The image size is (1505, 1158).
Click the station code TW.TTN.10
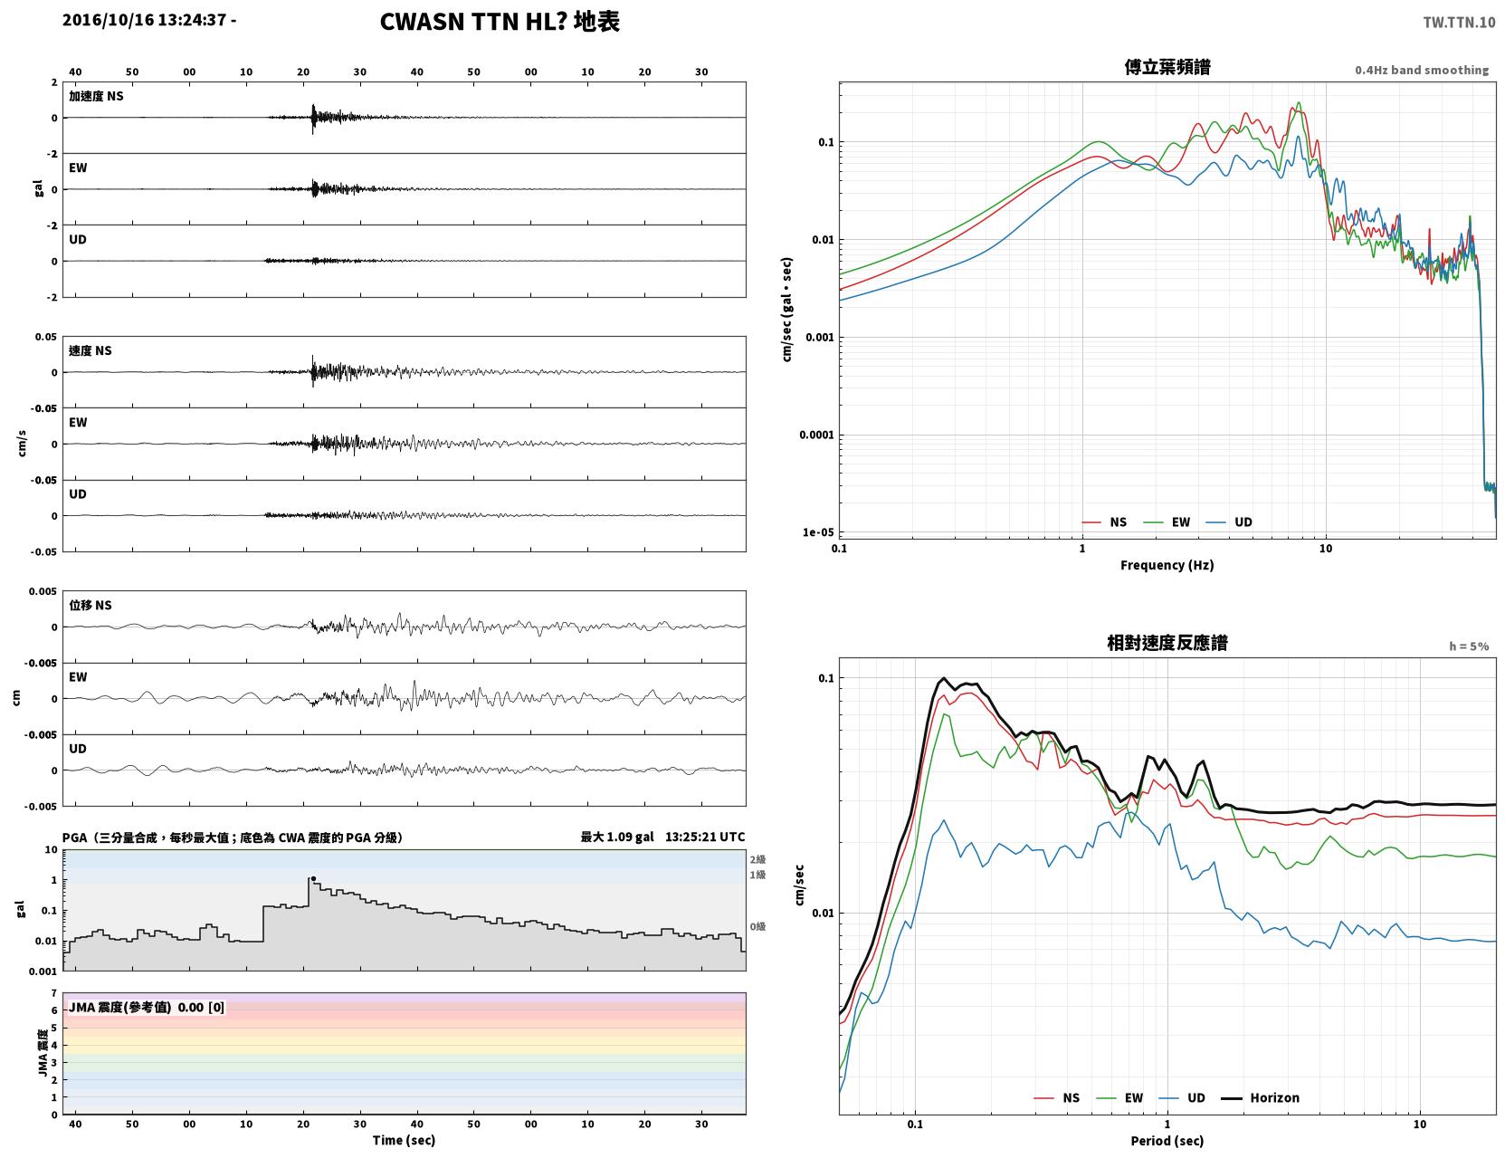tap(1459, 22)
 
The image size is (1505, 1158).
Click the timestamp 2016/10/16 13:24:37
tap(144, 19)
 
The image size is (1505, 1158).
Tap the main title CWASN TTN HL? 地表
tap(500, 22)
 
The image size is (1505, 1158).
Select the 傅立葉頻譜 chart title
tap(1167, 67)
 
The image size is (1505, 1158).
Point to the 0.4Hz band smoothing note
tap(1421, 70)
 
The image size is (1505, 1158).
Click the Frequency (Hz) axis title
tap(1167, 565)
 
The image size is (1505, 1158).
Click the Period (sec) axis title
tap(1167, 1141)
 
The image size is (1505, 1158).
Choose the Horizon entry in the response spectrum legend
tap(1260, 1097)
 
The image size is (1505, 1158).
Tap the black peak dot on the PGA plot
tap(313, 879)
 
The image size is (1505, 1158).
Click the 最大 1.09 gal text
tap(617, 837)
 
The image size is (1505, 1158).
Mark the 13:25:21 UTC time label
tap(705, 837)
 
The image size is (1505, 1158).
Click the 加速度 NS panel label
tap(96, 96)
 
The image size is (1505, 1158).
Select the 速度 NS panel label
tap(90, 350)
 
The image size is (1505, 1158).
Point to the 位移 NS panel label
tap(90, 606)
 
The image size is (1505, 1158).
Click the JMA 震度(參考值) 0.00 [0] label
tap(146, 1007)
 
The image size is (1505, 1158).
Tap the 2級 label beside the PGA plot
tap(757, 859)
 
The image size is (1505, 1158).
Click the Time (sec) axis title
tap(404, 1140)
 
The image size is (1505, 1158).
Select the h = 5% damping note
tap(1469, 646)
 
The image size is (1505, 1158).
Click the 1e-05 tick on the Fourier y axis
tap(818, 531)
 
